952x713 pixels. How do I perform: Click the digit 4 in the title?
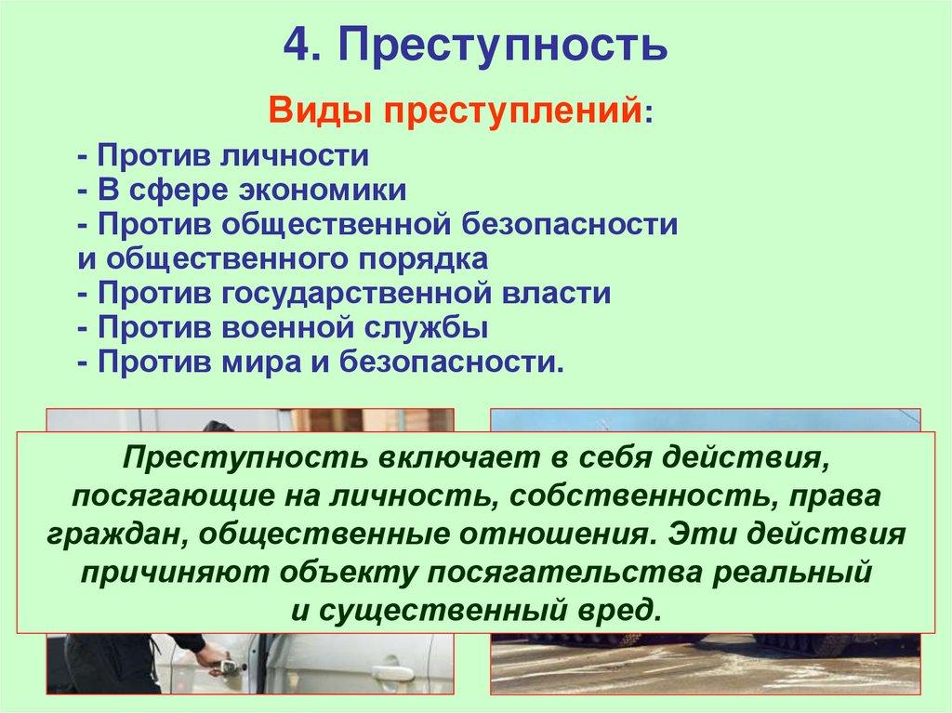pos(295,45)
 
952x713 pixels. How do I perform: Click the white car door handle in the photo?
pos(392,673)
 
